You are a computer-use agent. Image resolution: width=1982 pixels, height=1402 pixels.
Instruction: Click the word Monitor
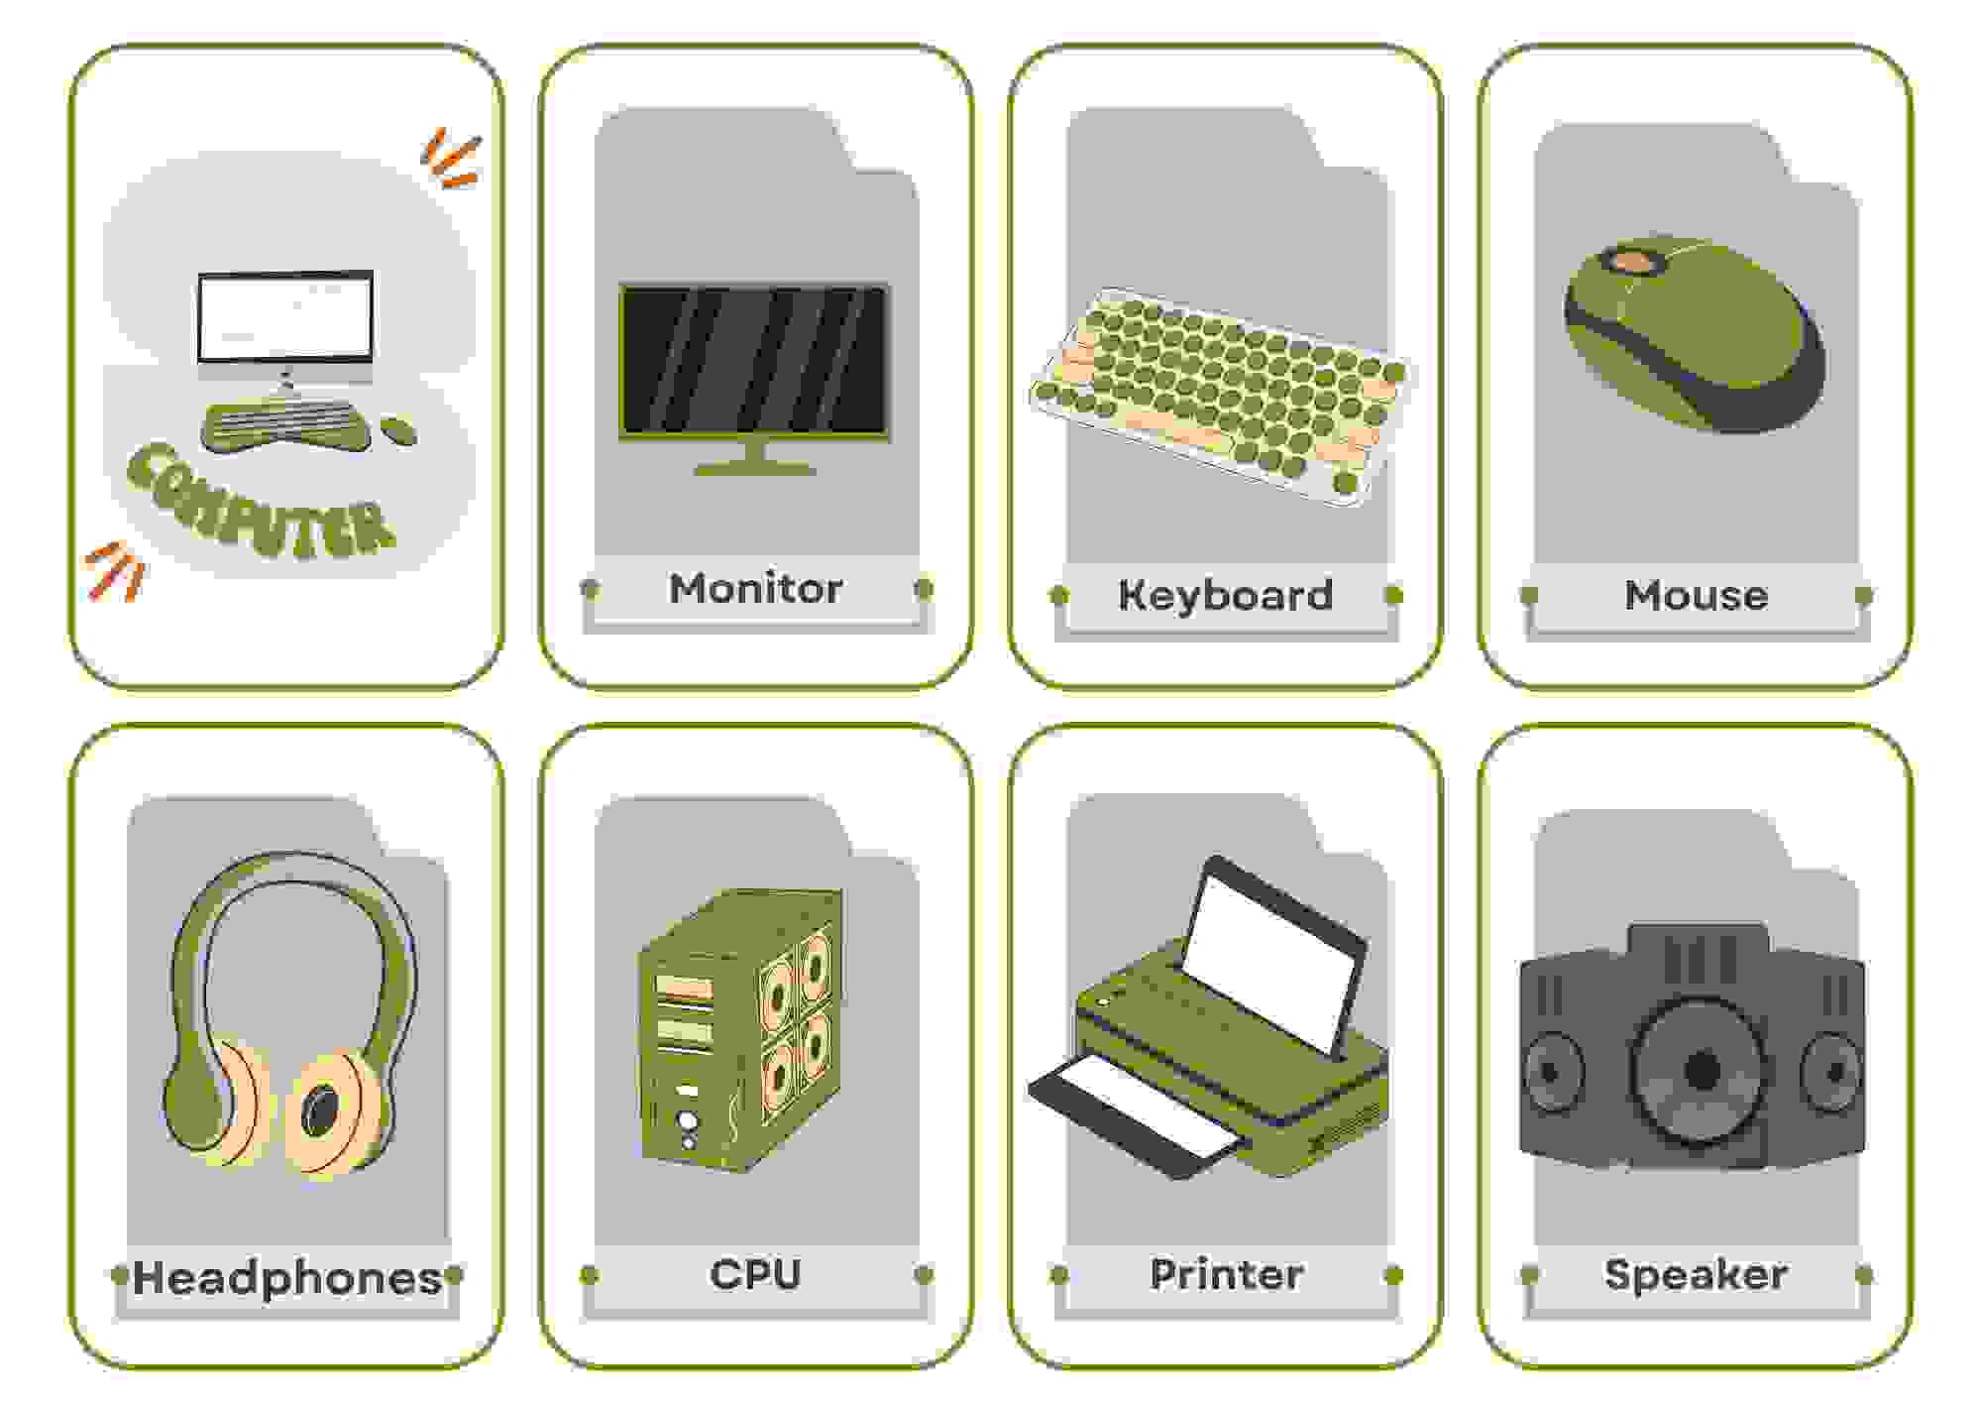(x=755, y=589)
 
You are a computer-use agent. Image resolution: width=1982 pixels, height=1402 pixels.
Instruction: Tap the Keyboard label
(x=1226, y=595)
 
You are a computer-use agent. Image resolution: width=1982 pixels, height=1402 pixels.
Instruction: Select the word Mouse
(x=1696, y=595)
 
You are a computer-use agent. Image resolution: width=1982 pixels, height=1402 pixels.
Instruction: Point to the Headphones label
(x=286, y=1278)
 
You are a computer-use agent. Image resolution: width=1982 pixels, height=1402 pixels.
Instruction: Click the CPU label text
(x=755, y=1274)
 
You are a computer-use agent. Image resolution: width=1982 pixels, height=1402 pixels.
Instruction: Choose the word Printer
(x=1226, y=1274)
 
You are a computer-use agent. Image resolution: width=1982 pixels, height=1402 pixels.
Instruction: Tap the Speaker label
(x=1696, y=1275)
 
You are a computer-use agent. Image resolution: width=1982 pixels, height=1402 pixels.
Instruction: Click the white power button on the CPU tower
(x=687, y=1121)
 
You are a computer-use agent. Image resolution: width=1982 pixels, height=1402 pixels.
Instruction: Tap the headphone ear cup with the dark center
(x=326, y=1112)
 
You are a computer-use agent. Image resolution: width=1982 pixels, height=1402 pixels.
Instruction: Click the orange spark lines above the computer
(x=452, y=159)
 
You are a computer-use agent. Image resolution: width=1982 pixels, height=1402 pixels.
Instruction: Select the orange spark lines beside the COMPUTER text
(x=116, y=572)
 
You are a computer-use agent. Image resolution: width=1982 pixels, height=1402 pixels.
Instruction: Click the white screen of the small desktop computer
(x=285, y=318)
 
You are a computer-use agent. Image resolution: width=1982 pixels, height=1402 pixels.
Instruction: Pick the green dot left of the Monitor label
(x=590, y=589)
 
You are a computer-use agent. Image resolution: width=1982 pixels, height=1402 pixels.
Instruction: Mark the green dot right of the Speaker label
(x=1863, y=1274)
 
